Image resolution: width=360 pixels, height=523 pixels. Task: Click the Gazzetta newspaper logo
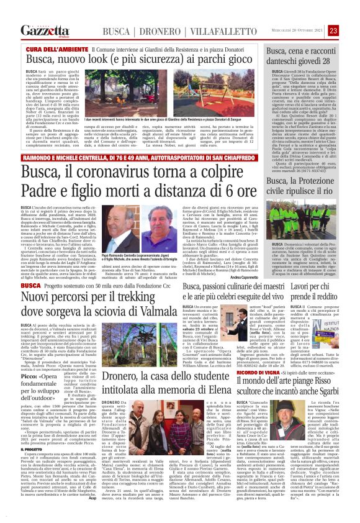pyautogui.click(x=43, y=30)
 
